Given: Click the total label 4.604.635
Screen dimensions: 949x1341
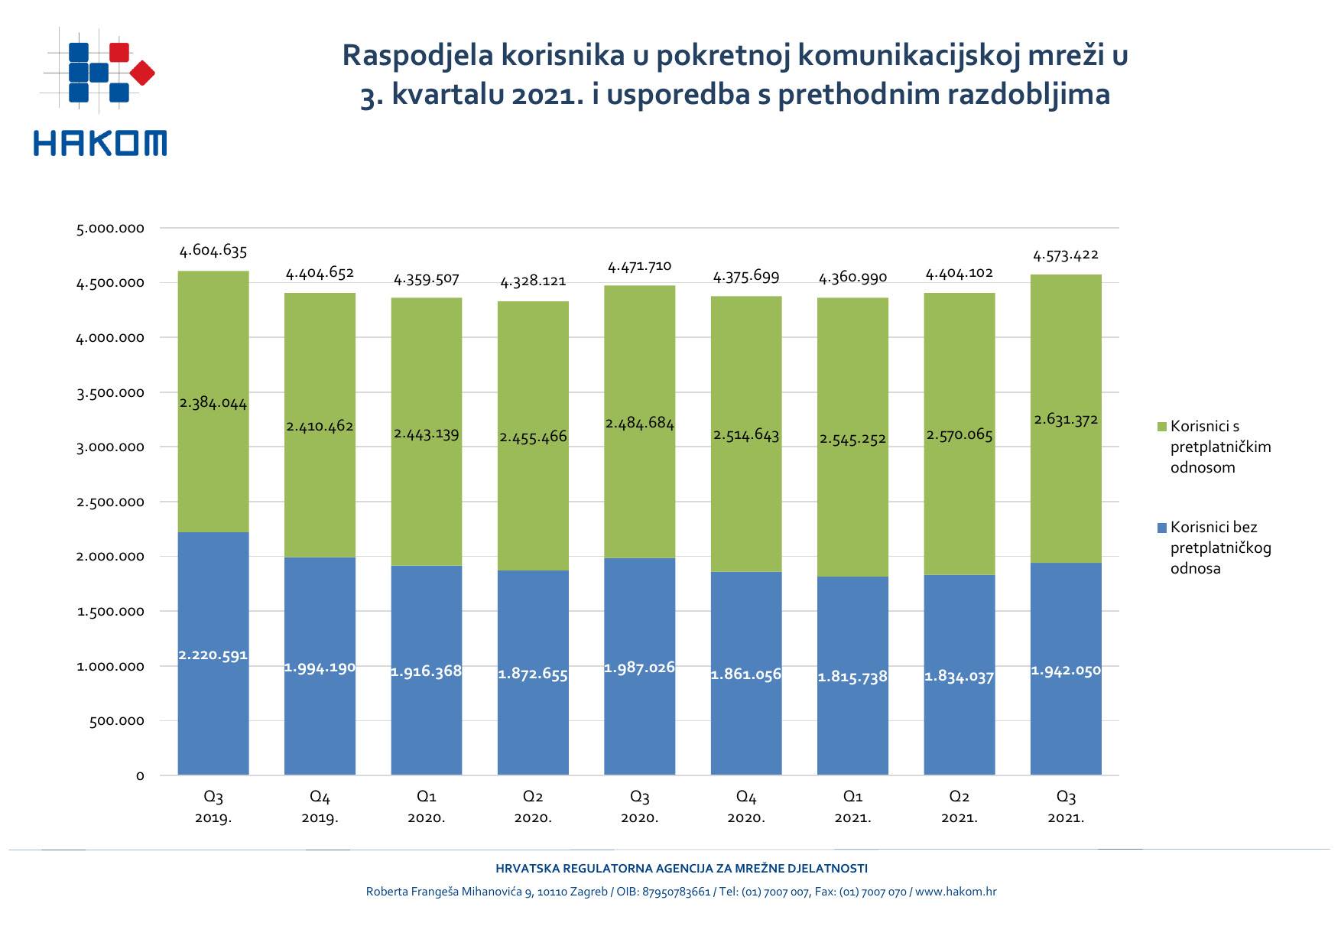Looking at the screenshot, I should tap(213, 251).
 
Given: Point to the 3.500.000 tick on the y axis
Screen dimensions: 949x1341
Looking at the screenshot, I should tap(110, 393).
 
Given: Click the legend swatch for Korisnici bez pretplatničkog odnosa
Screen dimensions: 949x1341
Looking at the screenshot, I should tap(1162, 528).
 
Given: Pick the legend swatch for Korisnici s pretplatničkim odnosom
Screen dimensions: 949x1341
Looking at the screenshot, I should tap(1162, 427).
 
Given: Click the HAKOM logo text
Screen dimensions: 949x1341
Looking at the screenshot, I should tap(100, 143).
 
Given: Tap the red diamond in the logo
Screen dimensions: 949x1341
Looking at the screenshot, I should tap(142, 73).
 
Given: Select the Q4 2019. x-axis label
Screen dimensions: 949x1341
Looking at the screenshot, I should tap(320, 807).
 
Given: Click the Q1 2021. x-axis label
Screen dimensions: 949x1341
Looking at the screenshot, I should tap(852, 807).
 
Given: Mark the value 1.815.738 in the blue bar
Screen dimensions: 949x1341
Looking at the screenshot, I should tap(852, 677).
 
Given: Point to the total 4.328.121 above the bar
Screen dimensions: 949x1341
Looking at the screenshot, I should tap(533, 281).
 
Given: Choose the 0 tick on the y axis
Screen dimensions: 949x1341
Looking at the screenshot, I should tap(140, 776).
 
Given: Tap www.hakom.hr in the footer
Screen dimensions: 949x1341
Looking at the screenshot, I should tap(956, 892).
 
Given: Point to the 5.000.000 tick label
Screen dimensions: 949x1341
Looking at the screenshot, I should tap(110, 229).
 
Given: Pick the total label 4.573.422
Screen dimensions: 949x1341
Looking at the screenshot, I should tap(1066, 255).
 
